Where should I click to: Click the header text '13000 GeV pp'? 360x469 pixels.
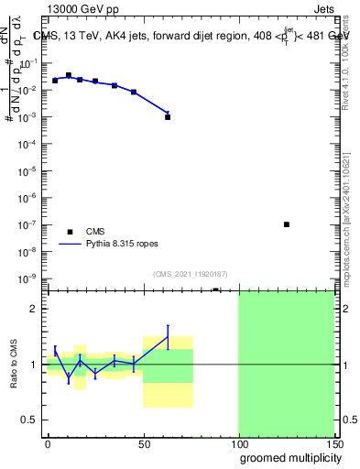tap(82, 9)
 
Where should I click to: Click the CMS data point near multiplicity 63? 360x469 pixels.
tap(168, 117)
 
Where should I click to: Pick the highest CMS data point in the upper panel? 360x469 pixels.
tap(69, 75)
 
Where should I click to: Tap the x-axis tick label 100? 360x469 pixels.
tap(238, 443)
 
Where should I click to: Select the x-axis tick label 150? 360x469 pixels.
tap(333, 443)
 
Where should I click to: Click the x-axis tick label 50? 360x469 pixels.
tap(143, 443)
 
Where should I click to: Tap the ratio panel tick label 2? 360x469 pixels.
tap(36, 309)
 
